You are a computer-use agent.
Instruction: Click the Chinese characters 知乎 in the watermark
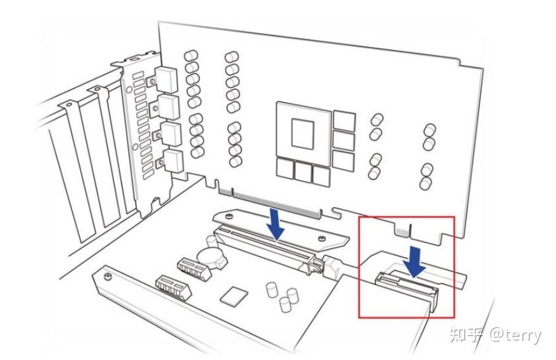click(x=462, y=335)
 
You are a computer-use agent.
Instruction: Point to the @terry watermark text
click(x=514, y=335)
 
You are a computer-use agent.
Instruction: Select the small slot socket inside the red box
click(x=407, y=285)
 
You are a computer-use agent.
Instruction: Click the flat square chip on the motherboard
click(x=234, y=296)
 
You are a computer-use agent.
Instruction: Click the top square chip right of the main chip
click(x=344, y=121)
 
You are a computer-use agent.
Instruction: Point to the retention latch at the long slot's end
click(x=315, y=268)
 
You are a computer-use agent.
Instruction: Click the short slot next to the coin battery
click(x=192, y=266)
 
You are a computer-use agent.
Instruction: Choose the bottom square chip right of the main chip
click(x=343, y=160)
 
